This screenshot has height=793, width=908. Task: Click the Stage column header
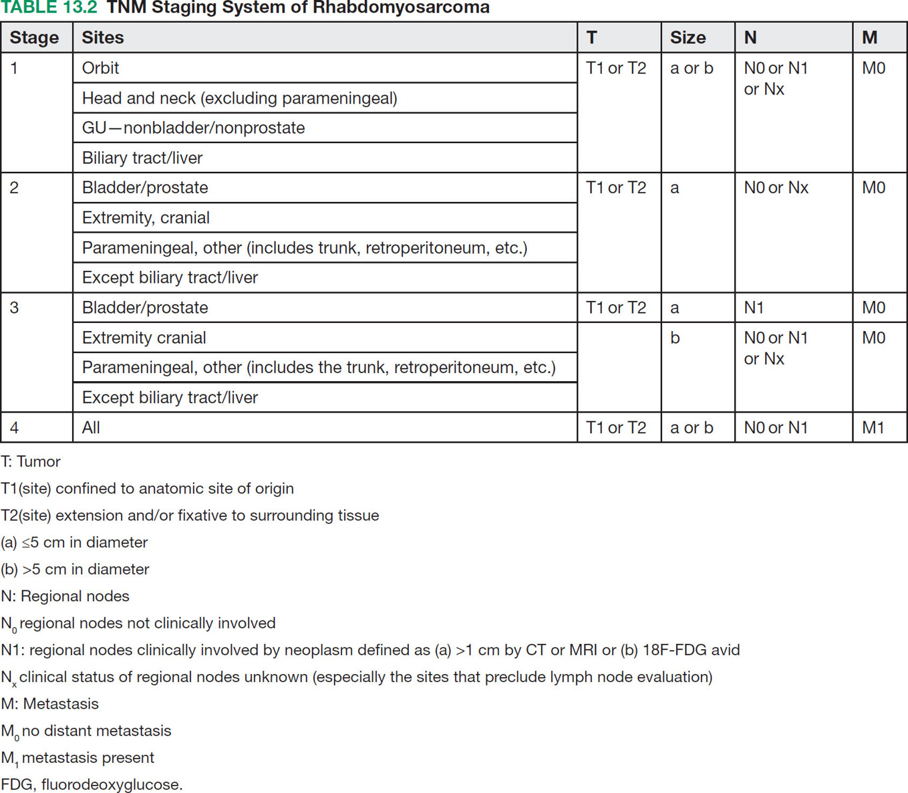34,37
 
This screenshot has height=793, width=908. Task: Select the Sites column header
103,37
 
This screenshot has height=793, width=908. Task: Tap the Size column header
688,37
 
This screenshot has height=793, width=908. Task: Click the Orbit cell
100,68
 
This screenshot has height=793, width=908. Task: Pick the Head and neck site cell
239,98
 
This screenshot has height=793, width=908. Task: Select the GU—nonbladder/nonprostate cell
193,128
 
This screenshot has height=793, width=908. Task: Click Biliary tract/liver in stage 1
142,158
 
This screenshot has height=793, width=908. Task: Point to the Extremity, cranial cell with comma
146,218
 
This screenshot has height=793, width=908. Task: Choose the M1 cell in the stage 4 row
873,427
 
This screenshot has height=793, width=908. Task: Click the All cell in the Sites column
91,427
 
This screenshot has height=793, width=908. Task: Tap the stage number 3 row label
14,308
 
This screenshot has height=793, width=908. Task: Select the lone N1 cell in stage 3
754,308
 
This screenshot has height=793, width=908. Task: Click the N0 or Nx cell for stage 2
776,188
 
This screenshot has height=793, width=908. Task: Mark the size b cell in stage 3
675,338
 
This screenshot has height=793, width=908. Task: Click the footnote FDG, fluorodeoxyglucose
92,784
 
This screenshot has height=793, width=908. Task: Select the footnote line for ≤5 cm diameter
74,542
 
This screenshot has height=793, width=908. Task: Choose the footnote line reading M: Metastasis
49,703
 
